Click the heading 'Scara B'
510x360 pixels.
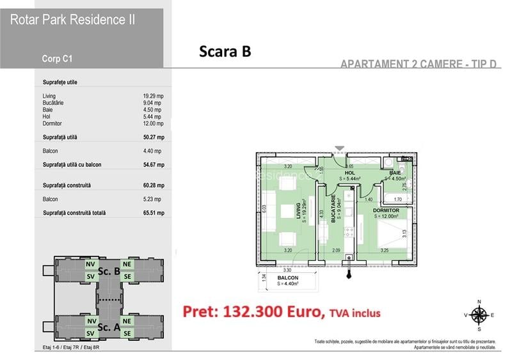click(224, 52)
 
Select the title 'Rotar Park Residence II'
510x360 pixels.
click(72, 19)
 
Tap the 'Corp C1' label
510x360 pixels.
click(57, 58)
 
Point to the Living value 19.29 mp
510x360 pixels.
click(153, 96)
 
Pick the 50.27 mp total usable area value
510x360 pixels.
click(153, 137)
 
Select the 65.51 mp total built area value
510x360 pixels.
click(153, 213)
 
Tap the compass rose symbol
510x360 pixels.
click(477, 314)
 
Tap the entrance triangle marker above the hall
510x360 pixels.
click(340, 149)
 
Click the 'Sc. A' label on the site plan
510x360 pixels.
click(109, 326)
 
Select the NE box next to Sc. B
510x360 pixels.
click(127, 263)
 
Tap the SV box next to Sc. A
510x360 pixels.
click(91, 333)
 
